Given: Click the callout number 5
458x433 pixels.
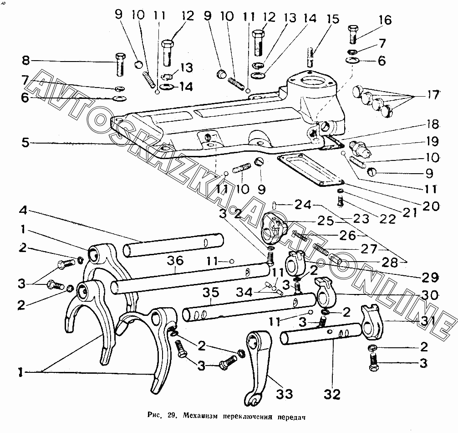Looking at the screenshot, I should [x=26, y=142].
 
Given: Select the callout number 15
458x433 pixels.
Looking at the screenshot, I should [x=333, y=20].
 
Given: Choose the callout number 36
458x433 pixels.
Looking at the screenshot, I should [x=175, y=261].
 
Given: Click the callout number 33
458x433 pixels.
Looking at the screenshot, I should [x=282, y=393].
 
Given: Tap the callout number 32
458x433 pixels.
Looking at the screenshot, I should [x=332, y=393].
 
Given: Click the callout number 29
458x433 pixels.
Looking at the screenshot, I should [x=430, y=277].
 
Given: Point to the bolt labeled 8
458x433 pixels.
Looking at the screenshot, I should [x=121, y=65].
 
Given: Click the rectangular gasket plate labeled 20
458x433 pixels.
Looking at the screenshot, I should [x=310, y=169].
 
